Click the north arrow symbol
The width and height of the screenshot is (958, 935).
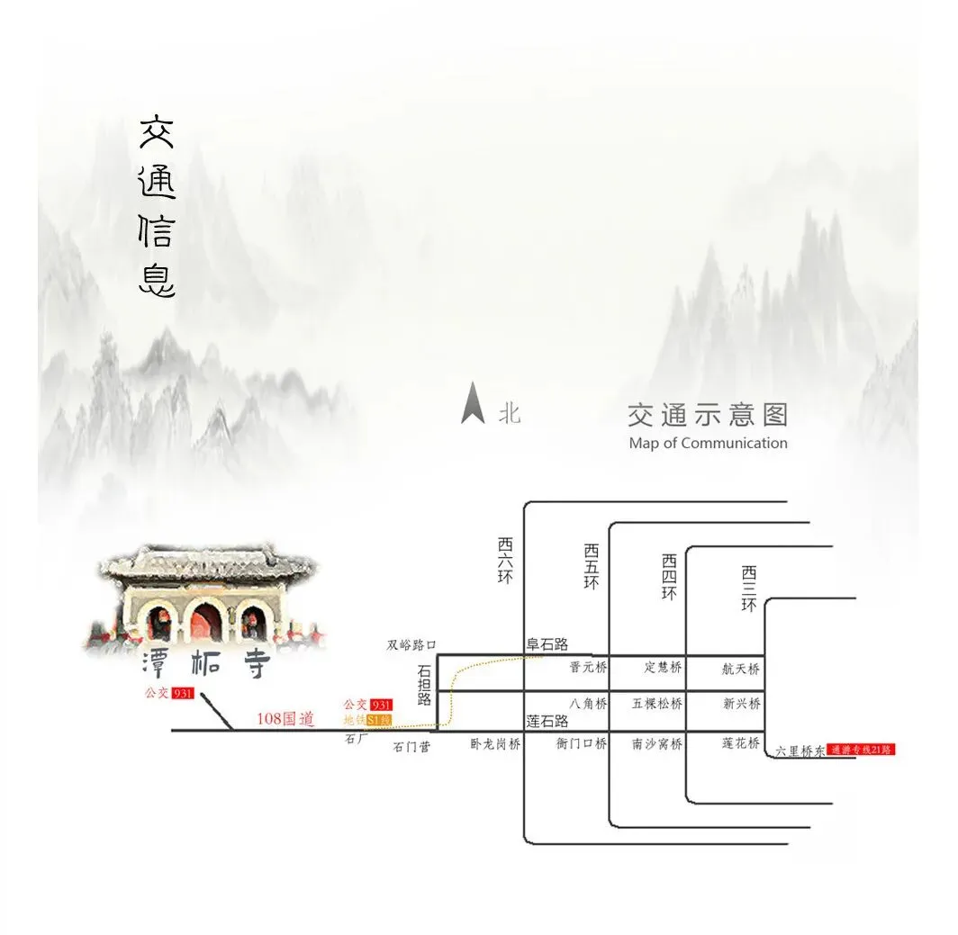[x=473, y=403]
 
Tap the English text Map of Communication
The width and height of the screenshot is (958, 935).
[x=708, y=443]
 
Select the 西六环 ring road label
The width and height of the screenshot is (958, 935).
[x=505, y=561]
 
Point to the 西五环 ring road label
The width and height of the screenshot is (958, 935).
[x=591, y=566]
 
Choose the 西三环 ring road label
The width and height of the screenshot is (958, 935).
[x=749, y=589]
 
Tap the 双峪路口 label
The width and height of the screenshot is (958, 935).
[x=411, y=644]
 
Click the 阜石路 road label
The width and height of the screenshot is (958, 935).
[x=547, y=644]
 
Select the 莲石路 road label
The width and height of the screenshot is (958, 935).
[x=547, y=721]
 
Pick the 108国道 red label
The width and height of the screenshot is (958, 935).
[x=285, y=719]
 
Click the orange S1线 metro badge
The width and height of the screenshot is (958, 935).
[x=379, y=720]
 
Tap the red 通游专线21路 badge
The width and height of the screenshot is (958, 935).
[x=862, y=749]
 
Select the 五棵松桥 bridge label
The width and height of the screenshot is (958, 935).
[x=656, y=704]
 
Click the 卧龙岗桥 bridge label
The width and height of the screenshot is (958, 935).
[x=495, y=744]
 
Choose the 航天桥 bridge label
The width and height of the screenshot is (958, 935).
[x=741, y=669]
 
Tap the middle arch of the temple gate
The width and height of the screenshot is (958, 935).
[x=206, y=622]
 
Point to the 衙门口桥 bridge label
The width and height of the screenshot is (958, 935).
[x=582, y=744]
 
